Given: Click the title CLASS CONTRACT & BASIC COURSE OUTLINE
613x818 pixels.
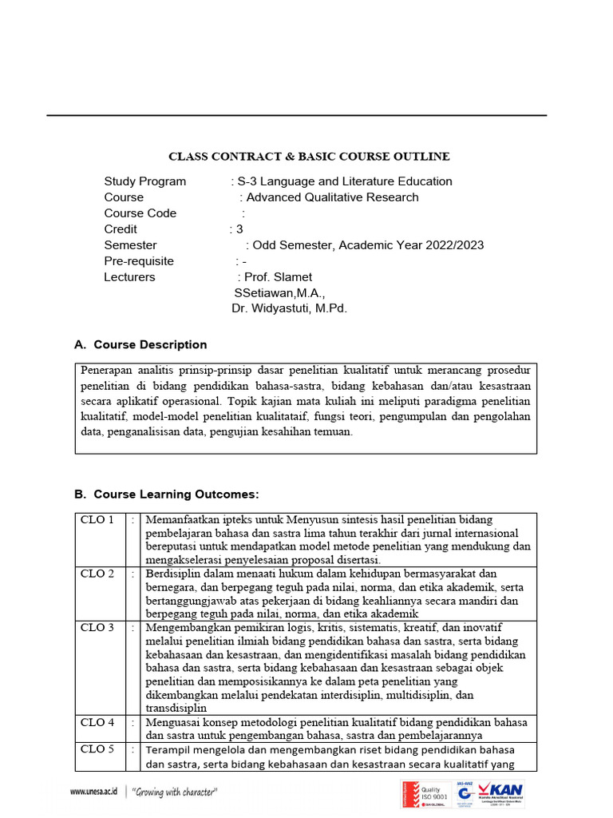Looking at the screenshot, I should [308, 156].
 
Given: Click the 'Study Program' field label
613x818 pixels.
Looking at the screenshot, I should [144, 181].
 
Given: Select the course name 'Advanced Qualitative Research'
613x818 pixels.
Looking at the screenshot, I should [332, 197].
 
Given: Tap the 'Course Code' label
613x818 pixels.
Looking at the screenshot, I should [140, 213].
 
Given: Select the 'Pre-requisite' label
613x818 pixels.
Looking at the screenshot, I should [138, 261].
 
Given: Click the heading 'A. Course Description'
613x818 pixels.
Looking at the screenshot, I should [140, 345].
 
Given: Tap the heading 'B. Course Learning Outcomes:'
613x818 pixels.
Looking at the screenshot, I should [167, 494].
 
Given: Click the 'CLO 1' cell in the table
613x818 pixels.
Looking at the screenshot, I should [97, 520].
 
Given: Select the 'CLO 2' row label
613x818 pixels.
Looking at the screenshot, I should [97, 574].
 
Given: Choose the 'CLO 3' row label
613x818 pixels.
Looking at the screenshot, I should [97, 628].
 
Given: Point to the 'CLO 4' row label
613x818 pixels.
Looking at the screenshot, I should [97, 722].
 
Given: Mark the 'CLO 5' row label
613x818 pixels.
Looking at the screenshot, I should [97, 749].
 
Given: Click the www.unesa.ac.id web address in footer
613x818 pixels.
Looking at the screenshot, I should [93, 792].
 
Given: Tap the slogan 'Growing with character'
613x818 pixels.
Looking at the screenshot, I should [175, 792].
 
